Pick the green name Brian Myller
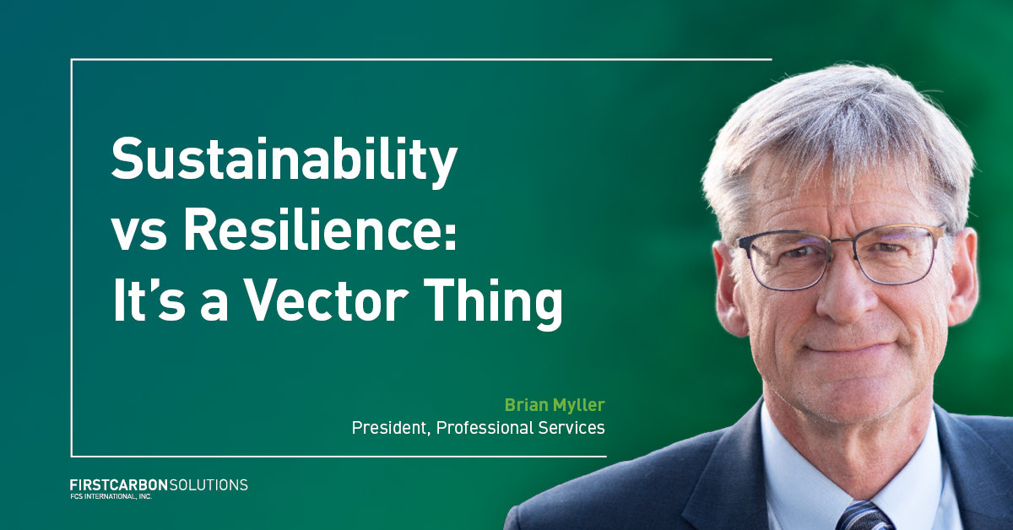pyautogui.click(x=554, y=404)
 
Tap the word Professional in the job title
pyautogui.click(x=483, y=428)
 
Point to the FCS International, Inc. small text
pyautogui.click(x=106, y=496)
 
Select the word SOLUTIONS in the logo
pyautogui.click(x=209, y=485)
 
